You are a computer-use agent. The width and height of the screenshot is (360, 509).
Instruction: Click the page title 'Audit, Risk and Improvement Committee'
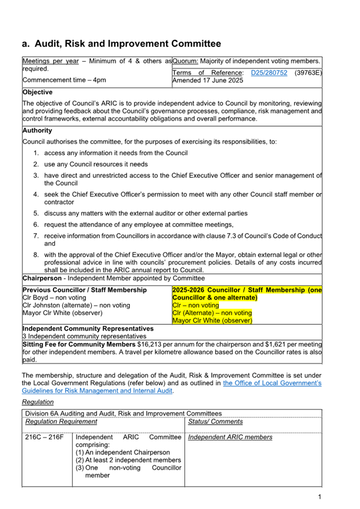coord(128,43)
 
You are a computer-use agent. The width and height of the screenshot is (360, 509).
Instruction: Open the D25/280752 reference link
coord(269,72)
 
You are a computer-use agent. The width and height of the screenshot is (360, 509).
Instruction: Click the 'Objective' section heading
coord(37,92)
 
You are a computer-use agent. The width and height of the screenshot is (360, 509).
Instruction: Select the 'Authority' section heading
coord(37,130)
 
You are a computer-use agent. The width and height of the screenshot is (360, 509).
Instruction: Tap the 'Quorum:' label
coord(185,61)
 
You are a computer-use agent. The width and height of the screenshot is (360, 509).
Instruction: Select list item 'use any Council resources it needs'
coord(96,164)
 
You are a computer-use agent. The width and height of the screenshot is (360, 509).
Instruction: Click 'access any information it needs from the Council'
coord(116,153)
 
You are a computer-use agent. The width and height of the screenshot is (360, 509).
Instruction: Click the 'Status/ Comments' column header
coord(215,422)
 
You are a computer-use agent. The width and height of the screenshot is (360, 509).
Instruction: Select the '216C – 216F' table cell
coord(45,438)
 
